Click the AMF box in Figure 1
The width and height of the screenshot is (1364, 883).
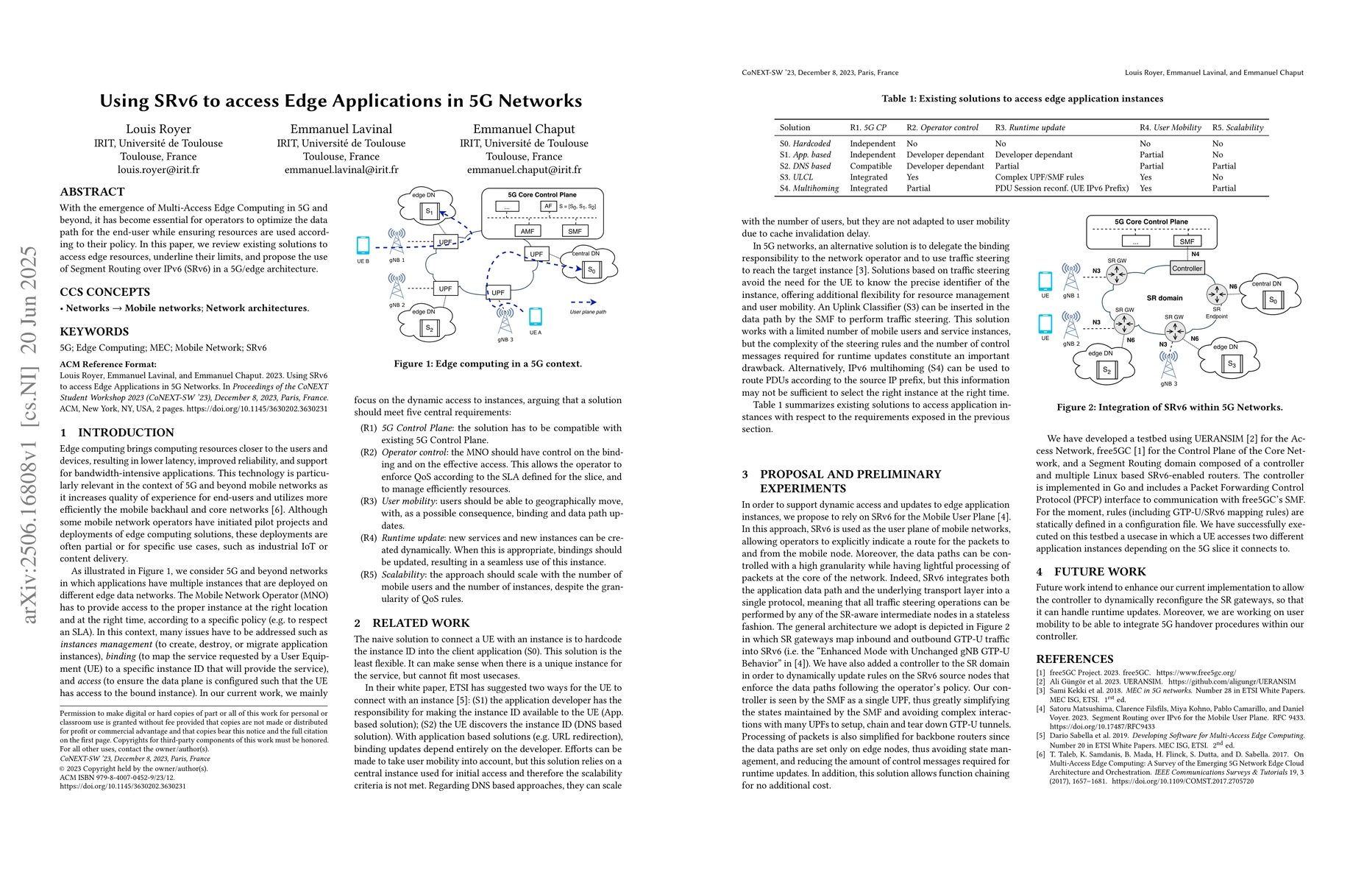pyautogui.click(x=528, y=231)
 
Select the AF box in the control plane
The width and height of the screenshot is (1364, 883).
pyautogui.click(x=548, y=207)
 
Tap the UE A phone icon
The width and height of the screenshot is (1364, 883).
pyautogui.click(x=536, y=316)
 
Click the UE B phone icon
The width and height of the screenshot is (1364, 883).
pyautogui.click(x=363, y=245)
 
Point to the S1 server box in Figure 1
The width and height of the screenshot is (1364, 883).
pyautogui.click(x=429, y=212)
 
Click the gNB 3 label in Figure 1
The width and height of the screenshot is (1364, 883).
pyautogui.click(x=505, y=340)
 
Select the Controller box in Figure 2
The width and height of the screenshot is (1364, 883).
pyautogui.click(x=1187, y=269)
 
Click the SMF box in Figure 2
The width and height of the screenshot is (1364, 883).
pyautogui.click(x=1187, y=241)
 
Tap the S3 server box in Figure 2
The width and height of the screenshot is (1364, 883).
pyautogui.click(x=1230, y=364)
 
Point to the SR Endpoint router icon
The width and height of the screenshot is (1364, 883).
pyautogui.click(x=1217, y=295)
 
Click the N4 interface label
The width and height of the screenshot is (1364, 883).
pyautogui.click(x=1195, y=255)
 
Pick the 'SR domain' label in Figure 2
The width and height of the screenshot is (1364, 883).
pyautogui.click(x=1165, y=298)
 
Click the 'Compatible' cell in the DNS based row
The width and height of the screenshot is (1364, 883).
pyautogui.click(x=871, y=166)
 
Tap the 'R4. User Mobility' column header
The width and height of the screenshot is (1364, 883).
pyautogui.click(x=1170, y=128)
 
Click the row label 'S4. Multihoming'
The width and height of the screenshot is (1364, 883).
pyautogui.click(x=809, y=188)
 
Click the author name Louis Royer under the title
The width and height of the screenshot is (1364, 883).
pyautogui.click(x=158, y=129)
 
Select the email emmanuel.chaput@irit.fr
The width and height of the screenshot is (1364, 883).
pyautogui.click(x=524, y=170)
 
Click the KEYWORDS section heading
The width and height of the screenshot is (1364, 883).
pyautogui.click(x=94, y=332)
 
